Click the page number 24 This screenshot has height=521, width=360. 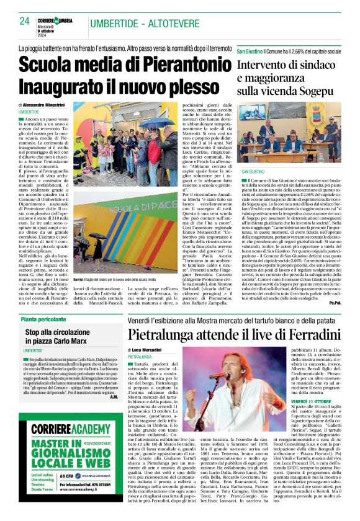[x=25, y=20]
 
